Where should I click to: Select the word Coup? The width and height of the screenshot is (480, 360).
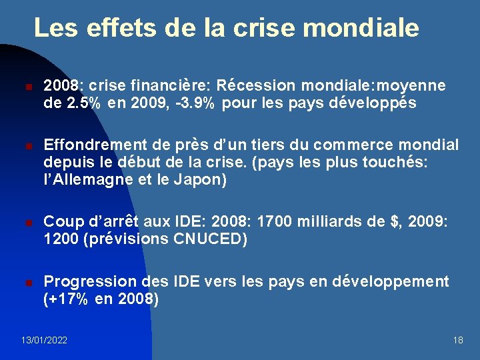pos(61,223)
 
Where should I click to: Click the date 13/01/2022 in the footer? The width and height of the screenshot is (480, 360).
pos(44,341)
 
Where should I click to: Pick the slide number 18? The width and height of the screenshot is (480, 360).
pos(458,341)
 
